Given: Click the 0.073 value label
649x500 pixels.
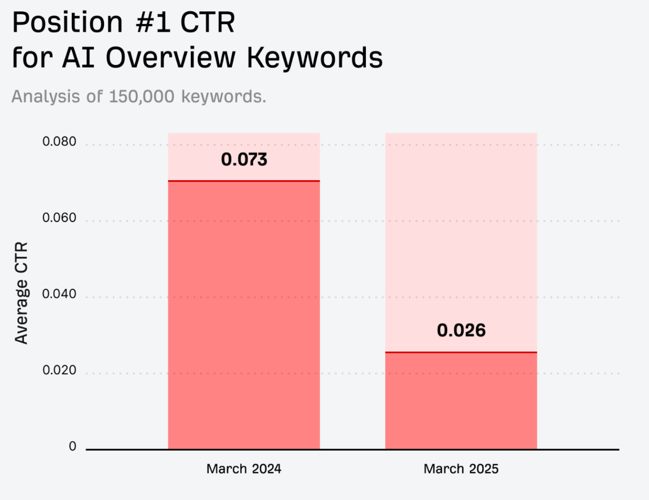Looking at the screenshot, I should pyautogui.click(x=244, y=159).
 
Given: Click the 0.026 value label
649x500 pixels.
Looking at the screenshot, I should pyautogui.click(x=461, y=331).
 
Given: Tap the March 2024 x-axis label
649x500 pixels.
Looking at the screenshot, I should pyautogui.click(x=244, y=469).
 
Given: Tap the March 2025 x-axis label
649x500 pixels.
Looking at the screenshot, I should pyautogui.click(x=461, y=469).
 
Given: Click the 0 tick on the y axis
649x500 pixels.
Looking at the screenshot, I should pyautogui.click(x=72, y=446).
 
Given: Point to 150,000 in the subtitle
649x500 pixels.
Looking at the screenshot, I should pyautogui.click(x=142, y=97).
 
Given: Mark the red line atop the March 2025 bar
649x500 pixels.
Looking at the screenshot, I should pyautogui.click(x=461, y=352).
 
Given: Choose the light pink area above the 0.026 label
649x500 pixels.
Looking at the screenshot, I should pyautogui.click(x=461, y=230).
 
